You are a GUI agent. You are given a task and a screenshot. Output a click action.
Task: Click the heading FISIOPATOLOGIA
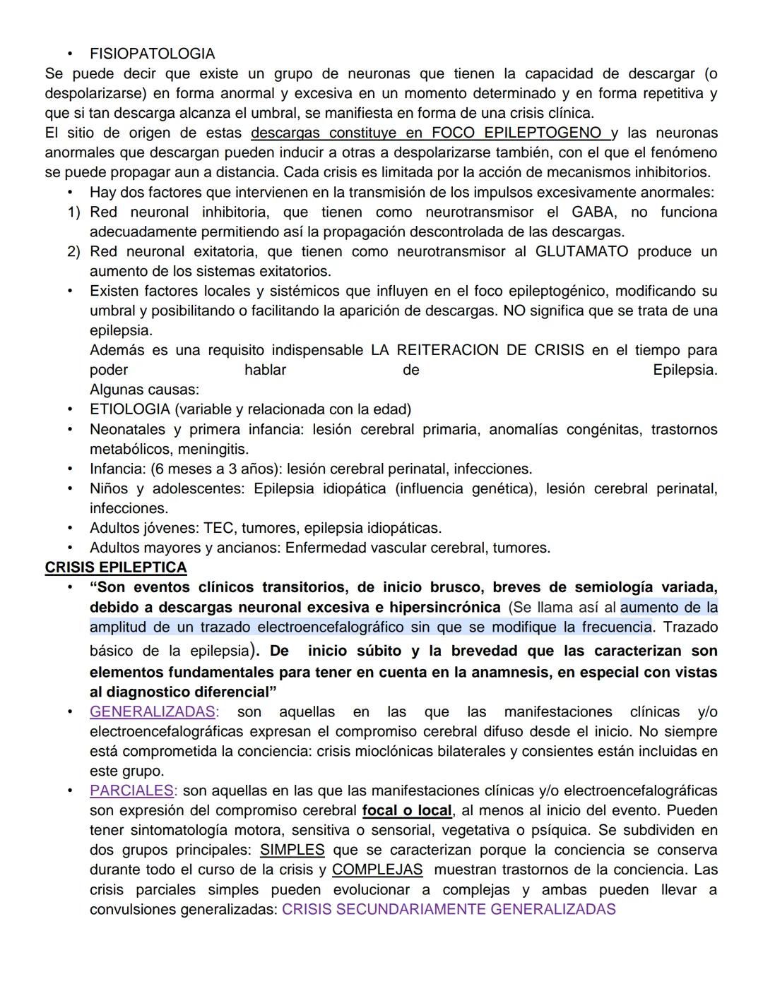[152, 54]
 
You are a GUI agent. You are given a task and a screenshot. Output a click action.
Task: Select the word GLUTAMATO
[581, 251]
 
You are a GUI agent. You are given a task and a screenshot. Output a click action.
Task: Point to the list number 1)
[74, 212]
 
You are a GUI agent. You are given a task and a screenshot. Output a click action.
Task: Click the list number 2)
[74, 251]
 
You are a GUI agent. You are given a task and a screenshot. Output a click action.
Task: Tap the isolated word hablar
[265, 370]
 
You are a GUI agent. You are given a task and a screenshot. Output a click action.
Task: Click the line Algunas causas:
[144, 390]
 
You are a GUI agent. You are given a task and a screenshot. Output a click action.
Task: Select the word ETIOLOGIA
[129, 409]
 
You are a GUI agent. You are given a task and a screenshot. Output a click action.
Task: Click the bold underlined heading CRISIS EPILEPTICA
[116, 567]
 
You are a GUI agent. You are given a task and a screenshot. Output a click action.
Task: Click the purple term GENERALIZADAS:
[154, 711]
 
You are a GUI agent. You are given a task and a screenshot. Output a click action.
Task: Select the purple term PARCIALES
[131, 790]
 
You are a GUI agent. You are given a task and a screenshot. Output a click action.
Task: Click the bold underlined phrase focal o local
[407, 810]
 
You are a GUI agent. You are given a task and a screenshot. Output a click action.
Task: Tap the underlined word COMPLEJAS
[377, 870]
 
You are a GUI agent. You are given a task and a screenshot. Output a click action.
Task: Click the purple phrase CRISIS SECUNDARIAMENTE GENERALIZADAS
[449, 909]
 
